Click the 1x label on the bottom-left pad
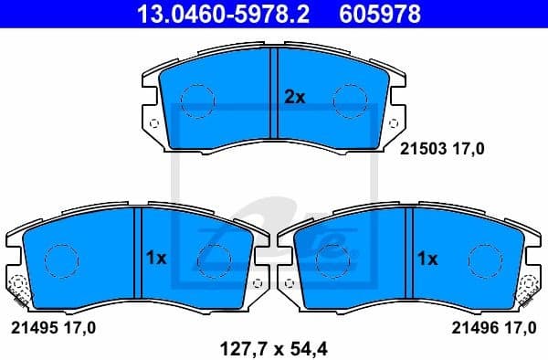click(156, 259)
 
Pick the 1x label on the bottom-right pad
click(427, 259)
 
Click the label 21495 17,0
click(53, 326)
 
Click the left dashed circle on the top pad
click(196, 101)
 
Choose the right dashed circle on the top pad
click(347, 101)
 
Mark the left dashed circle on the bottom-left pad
click(61, 260)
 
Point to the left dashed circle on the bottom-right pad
click(331, 260)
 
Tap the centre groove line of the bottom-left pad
click(139, 256)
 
